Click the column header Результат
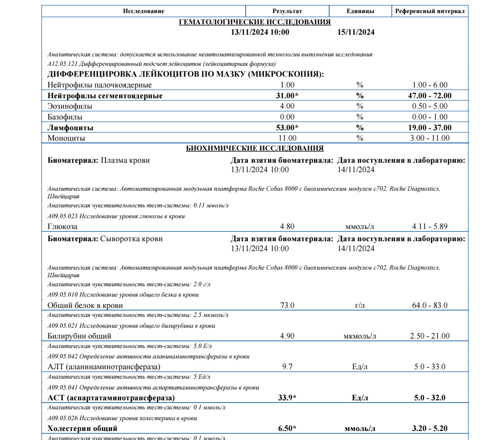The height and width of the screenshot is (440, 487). pyautogui.click(x=287, y=11)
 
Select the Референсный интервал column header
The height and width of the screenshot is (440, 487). pyautogui.click(x=430, y=11)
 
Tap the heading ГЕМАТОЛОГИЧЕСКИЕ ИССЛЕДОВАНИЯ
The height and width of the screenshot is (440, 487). pyautogui.click(x=255, y=22)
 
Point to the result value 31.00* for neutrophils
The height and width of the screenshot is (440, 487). pyautogui.click(x=288, y=96)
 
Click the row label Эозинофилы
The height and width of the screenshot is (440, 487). pyautogui.click(x=70, y=106)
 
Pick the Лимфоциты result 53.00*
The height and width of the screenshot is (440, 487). pyautogui.click(x=288, y=128)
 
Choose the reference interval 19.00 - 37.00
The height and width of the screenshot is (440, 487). pyautogui.click(x=430, y=128)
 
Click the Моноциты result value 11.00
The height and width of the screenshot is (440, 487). pyautogui.click(x=287, y=138)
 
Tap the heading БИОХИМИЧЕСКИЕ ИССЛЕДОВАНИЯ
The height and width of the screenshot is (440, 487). pyautogui.click(x=255, y=148)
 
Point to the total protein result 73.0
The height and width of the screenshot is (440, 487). pyautogui.click(x=287, y=306)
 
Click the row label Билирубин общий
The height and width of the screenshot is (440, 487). pyautogui.click(x=79, y=336)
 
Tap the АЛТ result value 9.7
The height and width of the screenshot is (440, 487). pyautogui.click(x=287, y=366)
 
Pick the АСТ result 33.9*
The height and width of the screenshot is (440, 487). pyautogui.click(x=288, y=397)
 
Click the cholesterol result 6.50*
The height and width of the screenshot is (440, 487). pyautogui.click(x=288, y=427)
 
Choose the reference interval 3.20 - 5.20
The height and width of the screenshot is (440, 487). pyautogui.click(x=430, y=427)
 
